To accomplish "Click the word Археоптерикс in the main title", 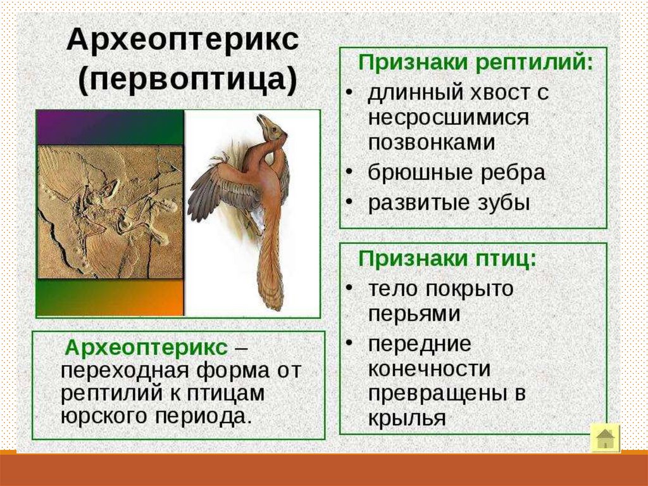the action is (x=182, y=40).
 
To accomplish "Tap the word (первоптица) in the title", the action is (x=188, y=79).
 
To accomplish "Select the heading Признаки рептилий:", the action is (x=475, y=63).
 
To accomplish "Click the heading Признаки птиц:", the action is (x=447, y=259).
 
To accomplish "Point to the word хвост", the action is (x=501, y=93).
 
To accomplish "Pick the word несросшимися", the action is (x=449, y=118).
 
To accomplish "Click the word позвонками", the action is (x=432, y=143).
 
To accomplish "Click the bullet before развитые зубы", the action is (x=349, y=201).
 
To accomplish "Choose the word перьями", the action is (x=414, y=314).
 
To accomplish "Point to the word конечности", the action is (x=429, y=368).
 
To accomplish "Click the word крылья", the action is (x=407, y=418).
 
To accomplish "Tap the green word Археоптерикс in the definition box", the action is (x=146, y=347).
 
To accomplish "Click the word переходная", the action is (x=125, y=370).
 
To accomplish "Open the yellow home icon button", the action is (x=606, y=438).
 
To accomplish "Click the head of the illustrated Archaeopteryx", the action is (x=271, y=125).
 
